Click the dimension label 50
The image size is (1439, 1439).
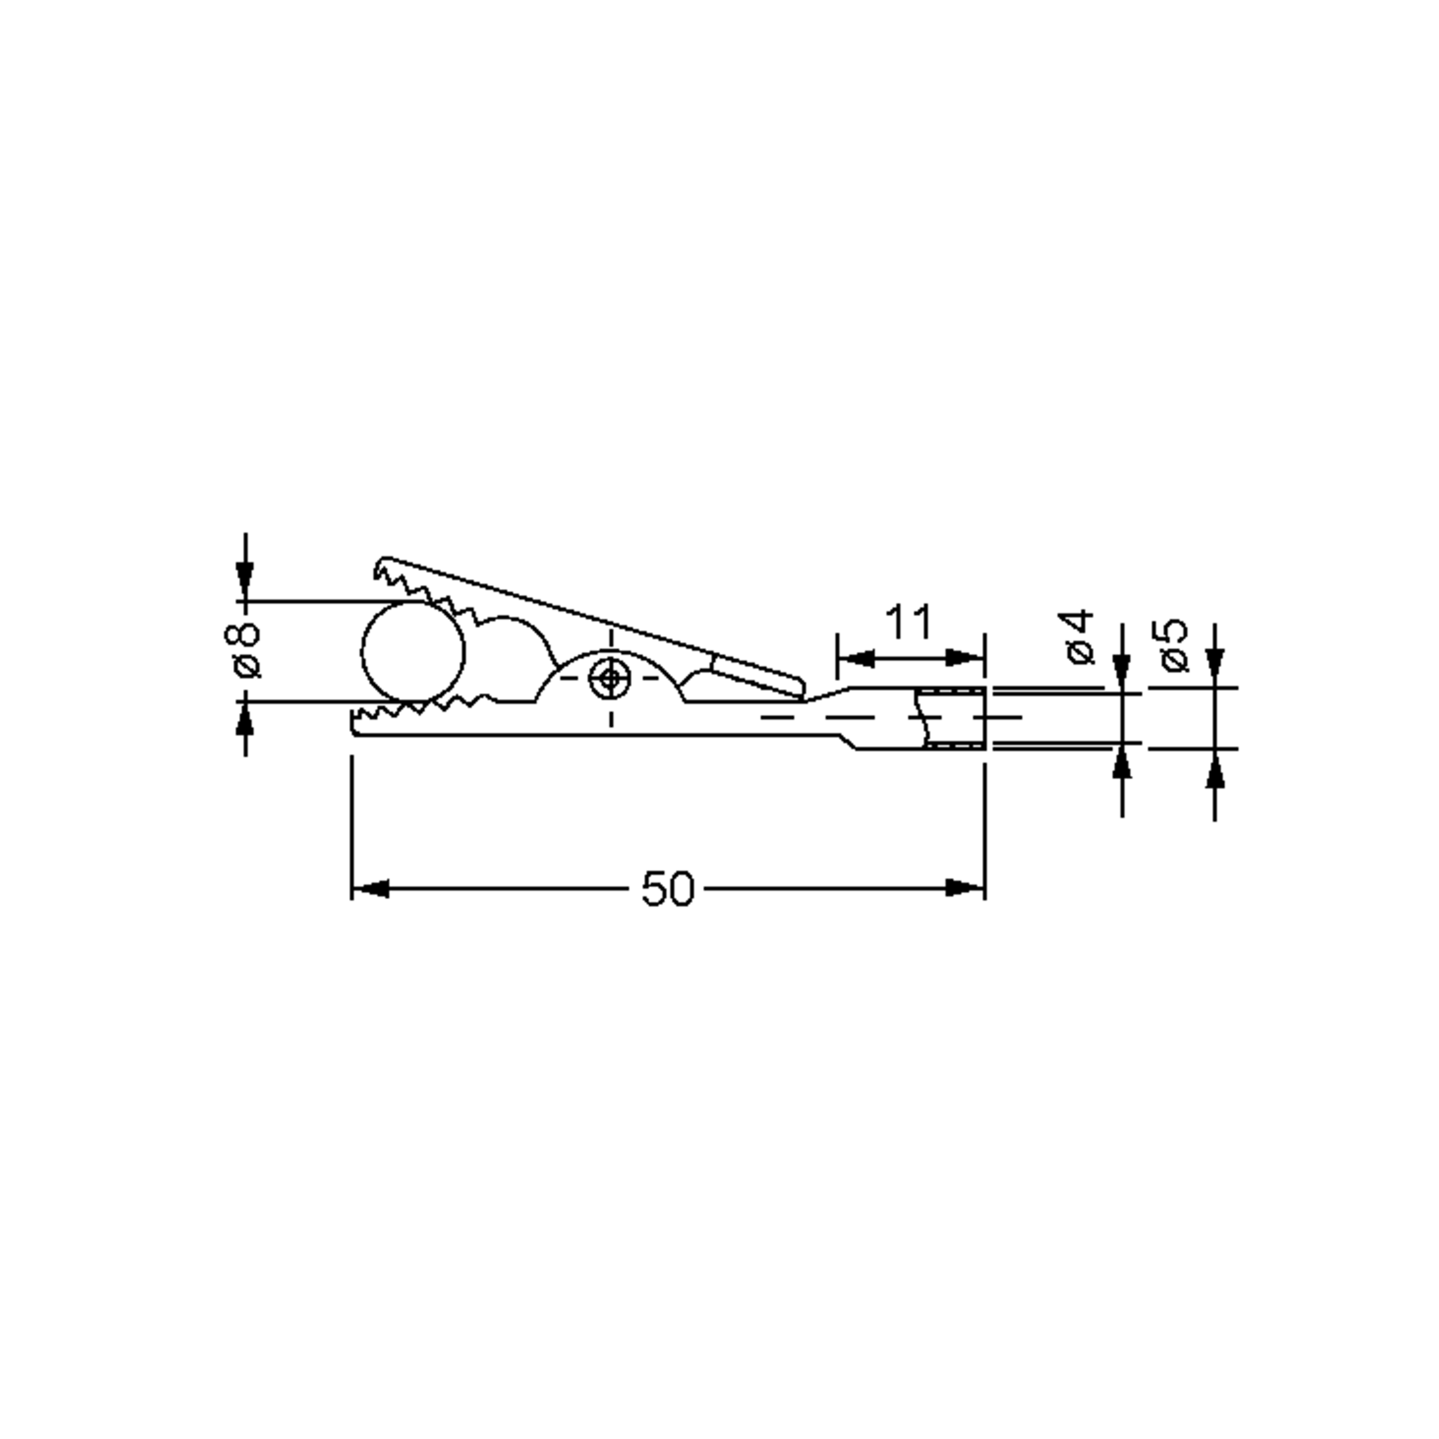pos(667,889)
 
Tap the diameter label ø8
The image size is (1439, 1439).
pos(243,650)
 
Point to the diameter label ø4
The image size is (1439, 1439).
pos(1079,636)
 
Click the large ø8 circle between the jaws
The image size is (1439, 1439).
pos(413,652)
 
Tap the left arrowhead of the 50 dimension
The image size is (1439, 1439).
pos(370,889)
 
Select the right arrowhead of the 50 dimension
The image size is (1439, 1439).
pos(965,889)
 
